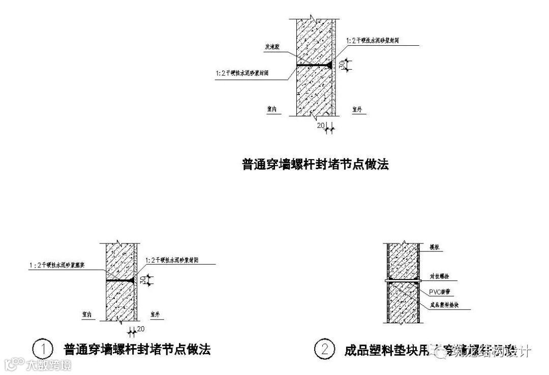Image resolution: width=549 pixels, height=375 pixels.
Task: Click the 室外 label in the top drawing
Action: [x=358, y=108]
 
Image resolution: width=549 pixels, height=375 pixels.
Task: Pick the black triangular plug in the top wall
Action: [x=330, y=65]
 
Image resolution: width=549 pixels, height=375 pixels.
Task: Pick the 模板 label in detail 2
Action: [x=434, y=247]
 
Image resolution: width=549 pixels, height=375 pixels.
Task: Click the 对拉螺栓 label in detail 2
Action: [x=439, y=277]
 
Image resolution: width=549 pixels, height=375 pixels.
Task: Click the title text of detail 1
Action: [x=137, y=350]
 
